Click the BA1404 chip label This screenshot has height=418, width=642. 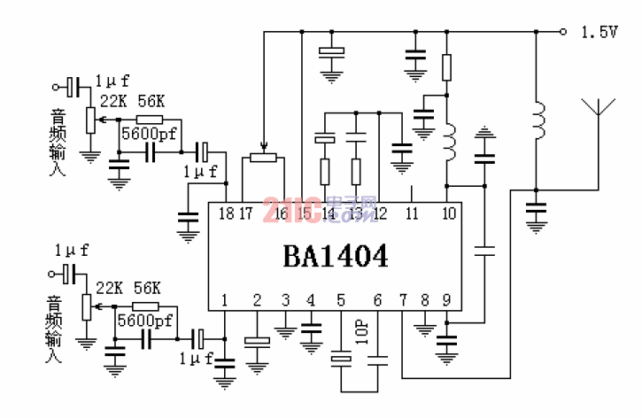[335, 256]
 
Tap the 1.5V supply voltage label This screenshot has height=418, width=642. [599, 32]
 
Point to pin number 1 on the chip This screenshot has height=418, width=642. [224, 300]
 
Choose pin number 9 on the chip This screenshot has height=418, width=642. [447, 300]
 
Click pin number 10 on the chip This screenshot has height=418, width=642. [449, 213]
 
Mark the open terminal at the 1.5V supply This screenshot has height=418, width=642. [564, 32]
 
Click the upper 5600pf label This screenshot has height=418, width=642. [148, 135]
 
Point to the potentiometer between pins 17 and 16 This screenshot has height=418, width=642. [263, 158]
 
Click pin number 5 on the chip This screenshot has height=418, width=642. [341, 300]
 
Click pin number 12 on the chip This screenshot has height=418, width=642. [380, 213]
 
